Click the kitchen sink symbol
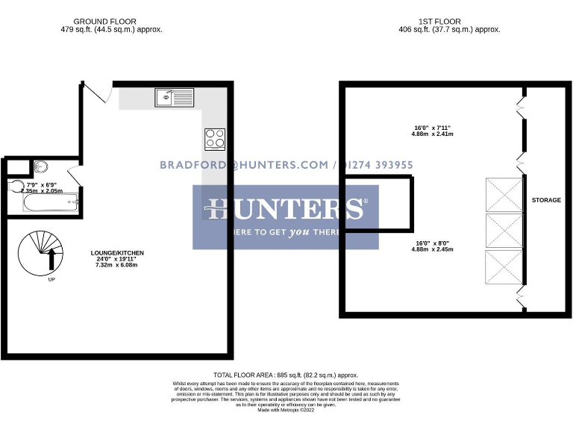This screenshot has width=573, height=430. tap(174, 96)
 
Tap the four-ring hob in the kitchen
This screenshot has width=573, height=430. tap(215, 139)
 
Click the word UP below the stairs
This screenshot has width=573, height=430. tap(51, 280)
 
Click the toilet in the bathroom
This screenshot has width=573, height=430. tap(16, 187)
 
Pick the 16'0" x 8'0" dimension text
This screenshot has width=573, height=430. tap(433, 246)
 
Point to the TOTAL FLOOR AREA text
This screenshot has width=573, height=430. tap(286, 375)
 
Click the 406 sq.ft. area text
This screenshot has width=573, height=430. tap(449, 30)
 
